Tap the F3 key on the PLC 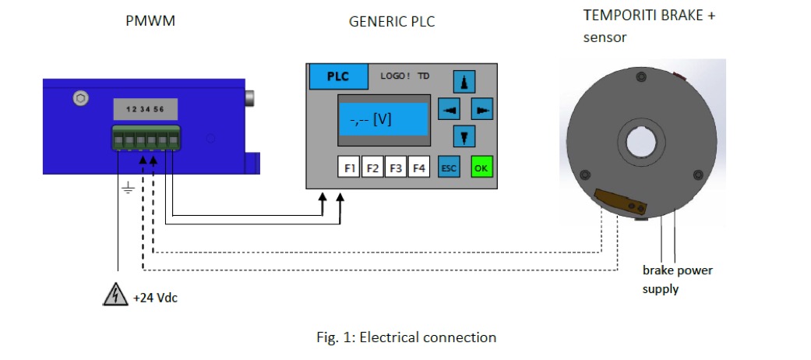(397, 168)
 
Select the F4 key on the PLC (420, 168)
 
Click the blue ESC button (449, 168)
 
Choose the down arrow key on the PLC (465, 137)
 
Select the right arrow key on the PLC (483, 111)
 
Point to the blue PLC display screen (384, 120)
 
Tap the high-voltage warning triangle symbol (115, 295)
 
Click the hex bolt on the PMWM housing (79, 99)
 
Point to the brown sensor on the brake (621, 202)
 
